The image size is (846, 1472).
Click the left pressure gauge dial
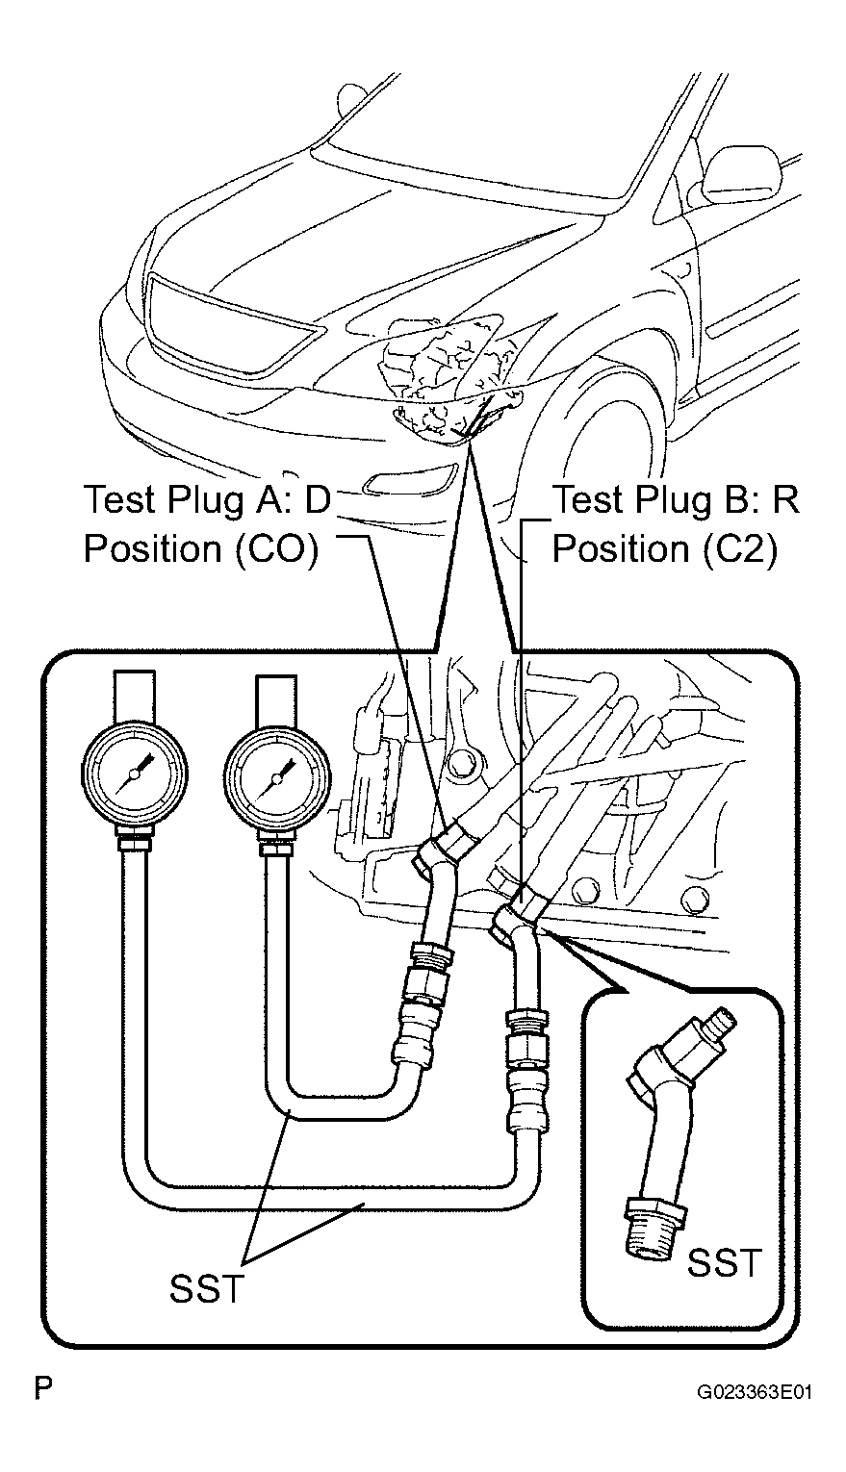pyautogui.click(x=134, y=774)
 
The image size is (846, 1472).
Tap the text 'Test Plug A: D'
pyautogui.click(x=208, y=500)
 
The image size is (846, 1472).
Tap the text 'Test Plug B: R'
pyautogui.click(x=677, y=500)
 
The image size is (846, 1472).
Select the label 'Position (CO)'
pyautogui.click(x=201, y=549)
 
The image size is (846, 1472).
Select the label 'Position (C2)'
pyautogui.click(x=664, y=549)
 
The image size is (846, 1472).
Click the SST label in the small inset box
pyautogui.click(x=724, y=1262)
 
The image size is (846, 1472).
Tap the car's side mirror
pyautogui.click(x=741, y=173)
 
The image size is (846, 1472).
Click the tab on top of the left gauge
pyautogui.click(x=134, y=698)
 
